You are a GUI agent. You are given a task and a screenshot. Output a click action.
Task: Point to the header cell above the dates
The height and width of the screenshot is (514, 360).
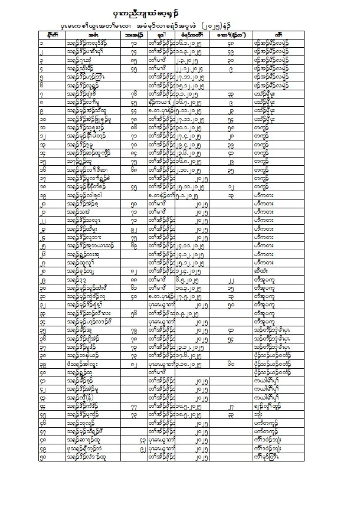point(192,35)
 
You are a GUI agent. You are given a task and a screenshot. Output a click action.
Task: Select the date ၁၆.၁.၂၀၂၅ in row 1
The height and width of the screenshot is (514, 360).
point(192,42)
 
